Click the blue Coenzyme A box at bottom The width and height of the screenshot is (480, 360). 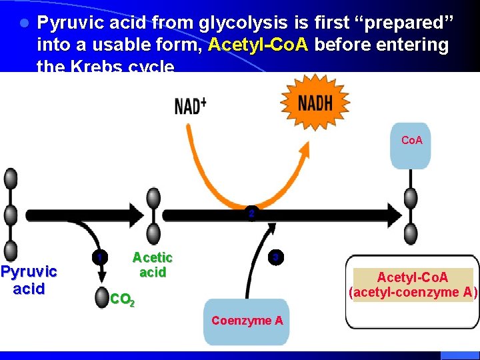tap(247, 321)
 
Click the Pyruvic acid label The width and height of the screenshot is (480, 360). tap(29, 280)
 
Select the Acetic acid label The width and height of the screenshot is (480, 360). tap(152, 265)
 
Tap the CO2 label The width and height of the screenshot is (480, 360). tap(122, 300)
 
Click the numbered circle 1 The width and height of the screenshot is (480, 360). tap(99, 258)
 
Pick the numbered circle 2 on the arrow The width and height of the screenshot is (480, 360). tap(251, 215)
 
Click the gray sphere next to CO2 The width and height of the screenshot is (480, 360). tap(101, 298)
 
